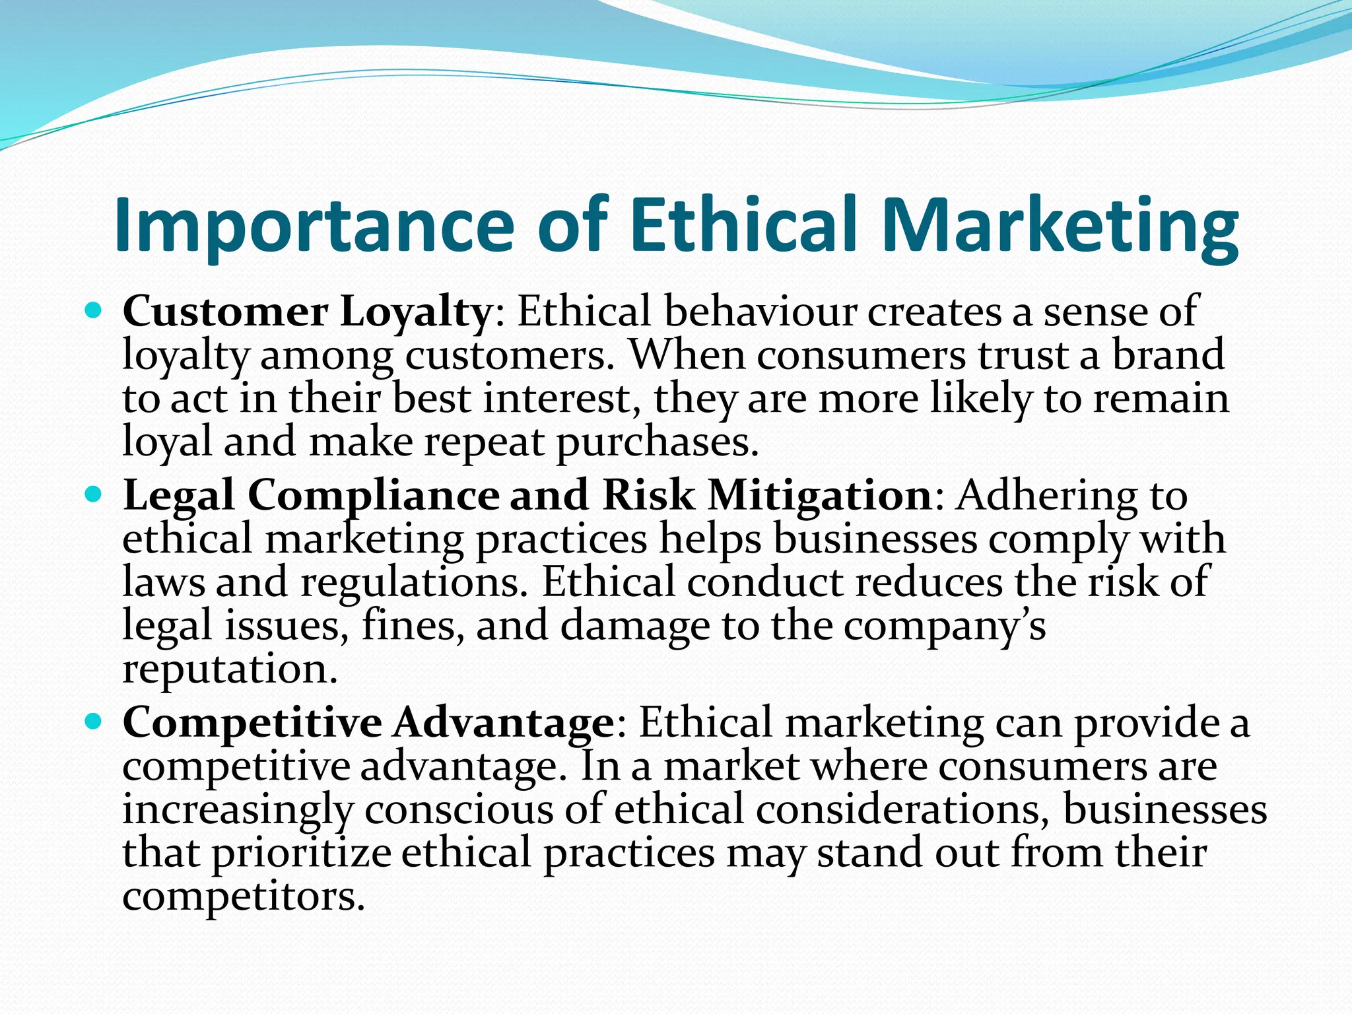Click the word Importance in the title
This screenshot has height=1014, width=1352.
(314, 226)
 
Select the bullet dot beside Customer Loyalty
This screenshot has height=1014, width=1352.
(94, 309)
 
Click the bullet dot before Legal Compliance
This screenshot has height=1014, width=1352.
(94, 493)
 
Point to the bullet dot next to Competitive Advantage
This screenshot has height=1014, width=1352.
(94, 721)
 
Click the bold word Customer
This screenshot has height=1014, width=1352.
(224, 312)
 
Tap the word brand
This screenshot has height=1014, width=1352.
(1168, 355)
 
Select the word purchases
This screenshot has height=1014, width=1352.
(657, 442)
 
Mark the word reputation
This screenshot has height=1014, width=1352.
(230, 669)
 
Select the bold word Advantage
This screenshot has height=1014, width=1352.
(504, 723)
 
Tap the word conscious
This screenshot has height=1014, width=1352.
(459, 811)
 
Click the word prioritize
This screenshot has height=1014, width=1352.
(302, 854)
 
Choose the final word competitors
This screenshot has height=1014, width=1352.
(244, 897)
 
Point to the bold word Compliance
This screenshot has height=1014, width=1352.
(374, 496)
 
